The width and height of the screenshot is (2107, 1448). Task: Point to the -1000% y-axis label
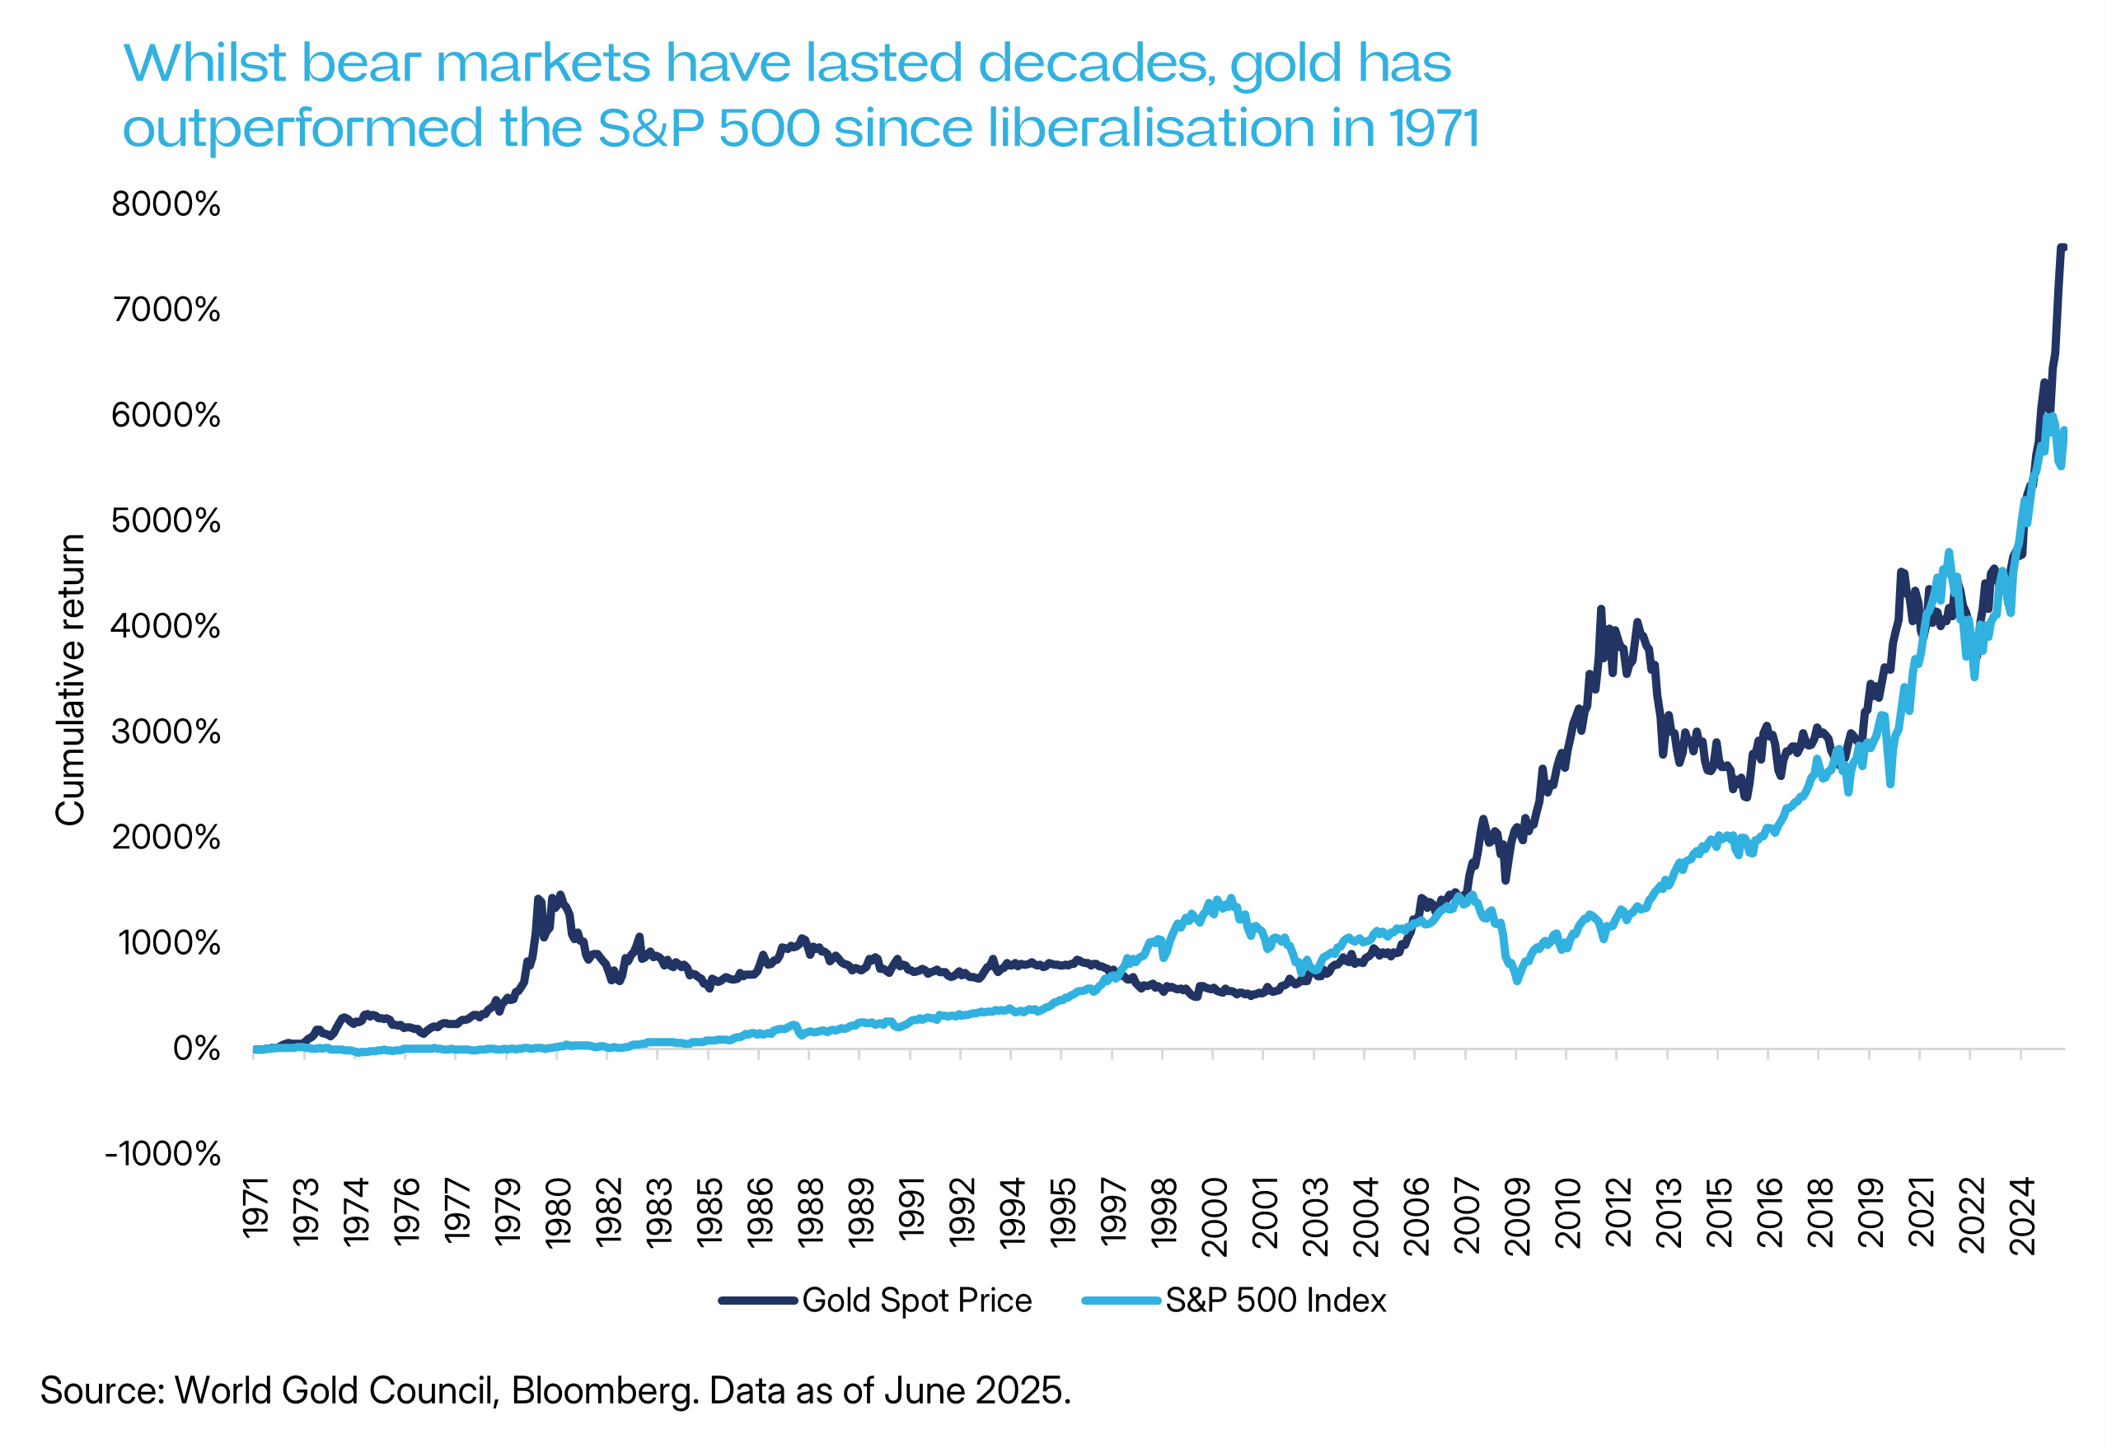coord(162,1154)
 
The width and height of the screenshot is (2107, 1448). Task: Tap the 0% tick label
coord(196,1049)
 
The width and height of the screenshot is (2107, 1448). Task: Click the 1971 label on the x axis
coord(256,1207)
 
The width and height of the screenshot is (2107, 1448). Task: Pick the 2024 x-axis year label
coord(2023,1216)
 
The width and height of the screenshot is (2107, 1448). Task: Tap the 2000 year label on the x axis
coord(1214,1216)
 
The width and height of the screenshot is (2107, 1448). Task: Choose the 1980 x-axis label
coord(559,1212)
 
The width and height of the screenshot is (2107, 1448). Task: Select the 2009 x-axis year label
coord(1517,1216)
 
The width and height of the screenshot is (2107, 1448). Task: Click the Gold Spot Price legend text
coord(916,1301)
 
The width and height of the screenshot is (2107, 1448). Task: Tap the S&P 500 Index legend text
coord(1275,1301)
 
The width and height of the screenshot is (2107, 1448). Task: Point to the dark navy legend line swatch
coord(758,1301)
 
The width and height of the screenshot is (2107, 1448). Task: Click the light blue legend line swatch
coord(1121,1301)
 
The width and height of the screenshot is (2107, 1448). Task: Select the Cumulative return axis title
coord(71,680)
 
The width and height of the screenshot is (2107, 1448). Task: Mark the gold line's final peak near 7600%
coord(2062,248)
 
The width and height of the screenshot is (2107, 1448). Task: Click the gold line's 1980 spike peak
coord(560,894)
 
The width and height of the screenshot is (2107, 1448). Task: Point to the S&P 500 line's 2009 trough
coord(1517,981)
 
